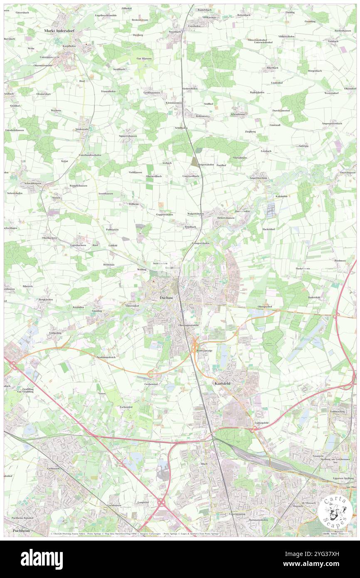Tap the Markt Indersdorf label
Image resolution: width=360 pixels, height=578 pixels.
point(60,31)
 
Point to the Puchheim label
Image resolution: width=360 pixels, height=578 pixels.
point(21,531)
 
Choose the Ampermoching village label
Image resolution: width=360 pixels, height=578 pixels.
point(258,178)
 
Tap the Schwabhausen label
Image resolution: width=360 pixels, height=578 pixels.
point(32,183)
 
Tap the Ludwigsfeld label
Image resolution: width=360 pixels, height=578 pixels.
point(261,423)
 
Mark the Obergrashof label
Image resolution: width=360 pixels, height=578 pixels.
point(265,306)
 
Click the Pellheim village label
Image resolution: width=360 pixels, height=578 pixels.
point(133,204)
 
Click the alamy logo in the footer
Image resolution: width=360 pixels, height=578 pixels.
point(42,558)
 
